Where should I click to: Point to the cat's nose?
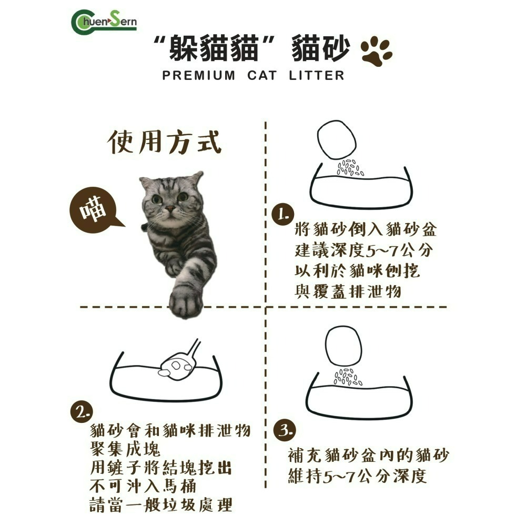[x=169, y=209]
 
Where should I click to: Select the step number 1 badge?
[x=282, y=215]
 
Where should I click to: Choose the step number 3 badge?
[x=285, y=431]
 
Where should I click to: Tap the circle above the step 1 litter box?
[x=337, y=139]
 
